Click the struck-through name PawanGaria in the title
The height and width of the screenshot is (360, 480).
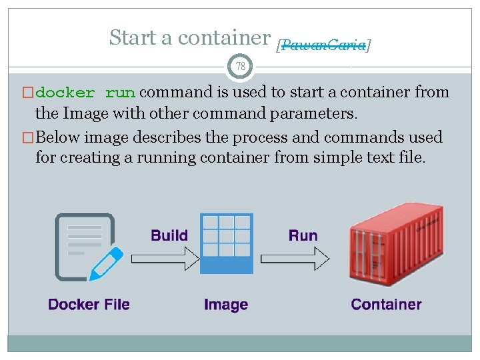tap(323, 45)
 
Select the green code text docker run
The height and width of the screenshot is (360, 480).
tap(86, 93)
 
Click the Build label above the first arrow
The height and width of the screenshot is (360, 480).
tap(169, 235)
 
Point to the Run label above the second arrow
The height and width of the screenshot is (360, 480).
tap(303, 235)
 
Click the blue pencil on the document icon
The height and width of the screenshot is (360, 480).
tap(107, 263)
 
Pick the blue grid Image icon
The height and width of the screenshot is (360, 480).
tap(227, 237)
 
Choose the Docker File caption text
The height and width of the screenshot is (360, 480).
tap(89, 305)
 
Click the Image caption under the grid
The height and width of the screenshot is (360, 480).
tap(226, 305)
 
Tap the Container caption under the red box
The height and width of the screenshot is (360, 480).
tap(386, 305)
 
